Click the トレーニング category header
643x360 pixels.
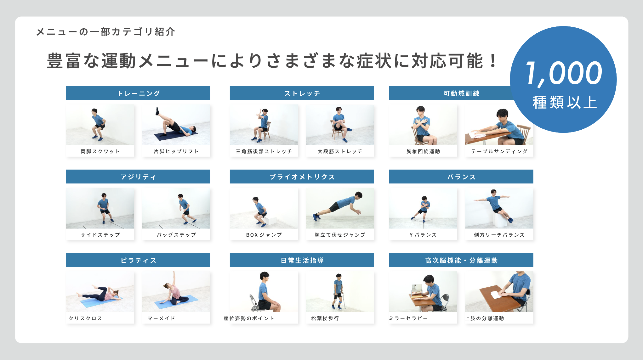click(x=138, y=93)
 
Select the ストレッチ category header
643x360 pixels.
click(x=302, y=93)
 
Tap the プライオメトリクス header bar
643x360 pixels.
click(x=302, y=177)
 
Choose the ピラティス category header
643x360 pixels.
click(x=138, y=260)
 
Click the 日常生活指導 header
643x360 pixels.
click(x=302, y=260)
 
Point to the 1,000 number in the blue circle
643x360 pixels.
click(x=564, y=74)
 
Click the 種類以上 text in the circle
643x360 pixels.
click(x=565, y=102)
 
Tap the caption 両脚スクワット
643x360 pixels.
click(x=100, y=151)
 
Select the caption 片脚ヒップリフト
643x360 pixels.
click(x=176, y=151)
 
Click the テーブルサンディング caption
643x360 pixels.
click(x=499, y=151)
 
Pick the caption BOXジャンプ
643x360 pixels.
click(x=264, y=235)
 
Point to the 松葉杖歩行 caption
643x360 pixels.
click(x=325, y=318)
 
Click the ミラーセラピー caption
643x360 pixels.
click(x=408, y=318)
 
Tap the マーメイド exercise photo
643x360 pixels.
click(x=176, y=292)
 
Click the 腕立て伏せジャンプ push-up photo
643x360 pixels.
click(x=340, y=208)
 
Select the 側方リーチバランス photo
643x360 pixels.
click(x=499, y=208)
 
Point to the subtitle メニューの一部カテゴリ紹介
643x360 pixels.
click(x=106, y=32)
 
